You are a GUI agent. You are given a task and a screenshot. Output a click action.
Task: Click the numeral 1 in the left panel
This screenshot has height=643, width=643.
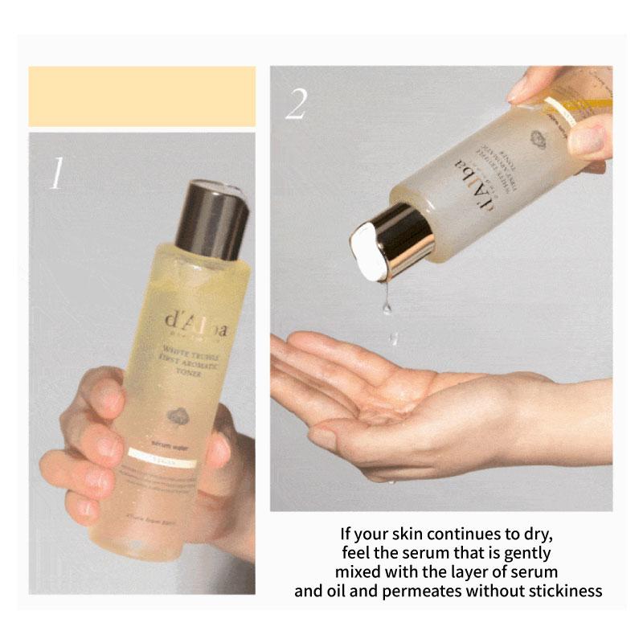56,173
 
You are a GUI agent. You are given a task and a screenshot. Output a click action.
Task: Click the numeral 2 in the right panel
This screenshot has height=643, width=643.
296,104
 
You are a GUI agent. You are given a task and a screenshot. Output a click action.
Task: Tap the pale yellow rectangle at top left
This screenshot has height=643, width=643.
142,96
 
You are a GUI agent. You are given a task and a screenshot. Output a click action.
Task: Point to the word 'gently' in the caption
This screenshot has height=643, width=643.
530,553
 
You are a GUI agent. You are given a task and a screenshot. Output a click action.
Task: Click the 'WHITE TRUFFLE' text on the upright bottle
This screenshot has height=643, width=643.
190,350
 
